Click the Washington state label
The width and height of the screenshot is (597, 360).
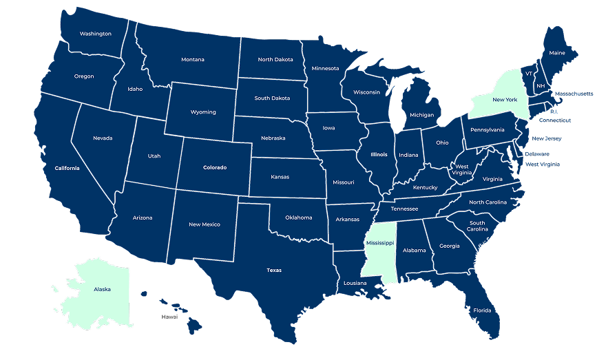[x=96, y=34]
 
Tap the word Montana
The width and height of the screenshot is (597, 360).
[x=193, y=60]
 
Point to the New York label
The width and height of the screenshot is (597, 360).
[x=504, y=100]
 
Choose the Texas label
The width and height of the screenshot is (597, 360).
[x=274, y=271]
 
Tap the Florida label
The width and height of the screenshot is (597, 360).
[x=482, y=310]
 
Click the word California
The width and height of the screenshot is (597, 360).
[x=67, y=169]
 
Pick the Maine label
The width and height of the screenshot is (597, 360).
[x=556, y=53]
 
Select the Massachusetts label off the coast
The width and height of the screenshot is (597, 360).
[x=574, y=94]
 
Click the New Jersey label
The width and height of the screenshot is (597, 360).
[x=547, y=138]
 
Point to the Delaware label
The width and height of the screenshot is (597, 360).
[x=537, y=154]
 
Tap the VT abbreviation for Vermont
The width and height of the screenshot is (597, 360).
[x=529, y=74]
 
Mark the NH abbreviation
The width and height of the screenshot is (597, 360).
[x=541, y=86]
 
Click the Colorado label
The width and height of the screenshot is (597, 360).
[x=214, y=167]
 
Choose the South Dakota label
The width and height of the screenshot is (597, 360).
[x=272, y=98]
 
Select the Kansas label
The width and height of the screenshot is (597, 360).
[x=280, y=177]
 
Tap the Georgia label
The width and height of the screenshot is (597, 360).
[x=450, y=246]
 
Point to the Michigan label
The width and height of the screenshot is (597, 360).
[x=421, y=115]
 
